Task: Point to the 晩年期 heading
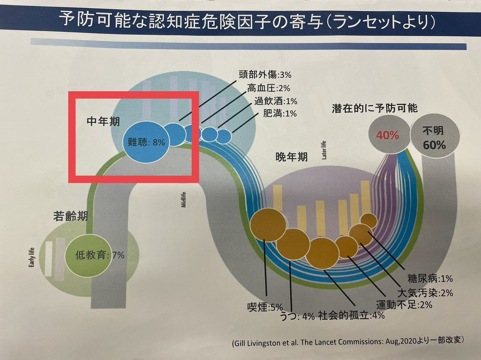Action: click(291, 157)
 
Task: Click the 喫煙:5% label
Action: click(265, 308)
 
